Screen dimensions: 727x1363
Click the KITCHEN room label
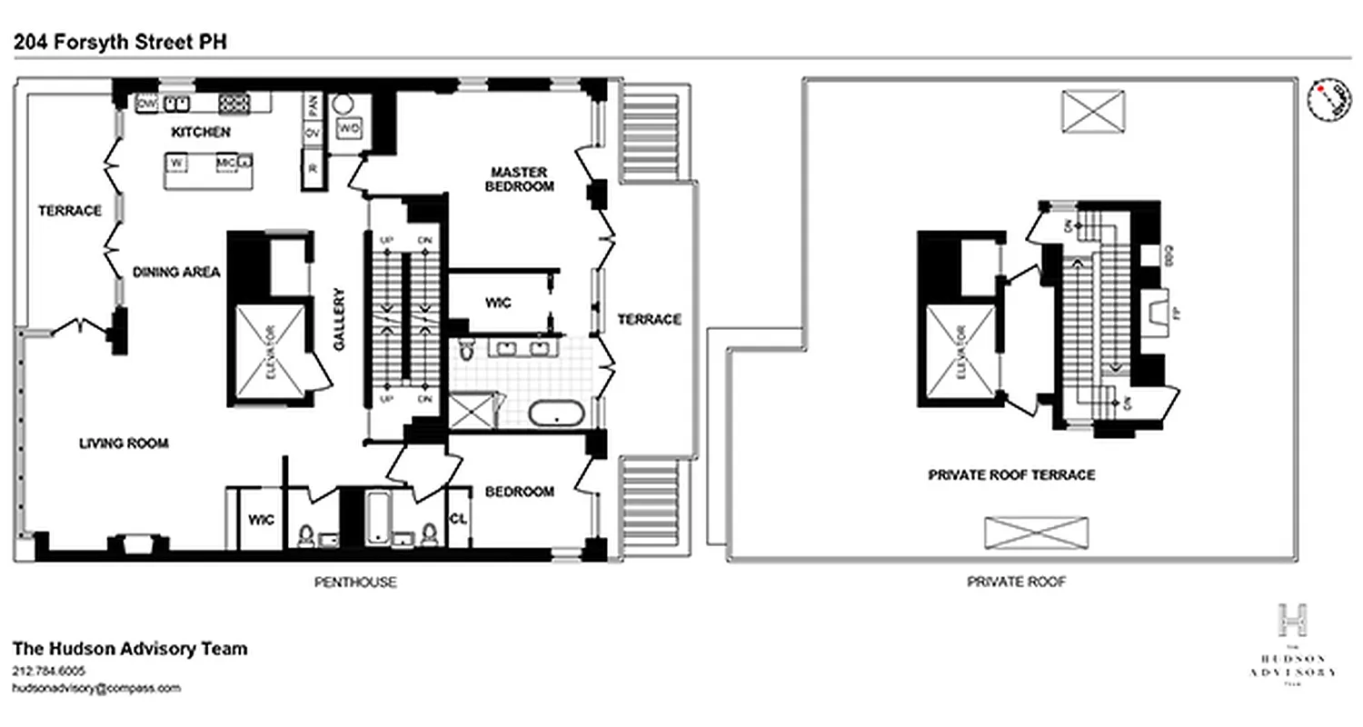coord(201,133)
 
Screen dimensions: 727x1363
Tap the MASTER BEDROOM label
coord(520,179)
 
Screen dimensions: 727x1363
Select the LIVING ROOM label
coord(124,443)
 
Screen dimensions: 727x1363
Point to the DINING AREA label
coord(176,272)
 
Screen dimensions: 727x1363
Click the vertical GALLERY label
coord(339,319)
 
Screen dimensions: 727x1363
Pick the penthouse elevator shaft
coord(271,353)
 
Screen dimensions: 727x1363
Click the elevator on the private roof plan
coord(960,353)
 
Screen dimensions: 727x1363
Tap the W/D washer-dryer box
coord(349,129)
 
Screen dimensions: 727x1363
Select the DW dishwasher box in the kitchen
coord(146,104)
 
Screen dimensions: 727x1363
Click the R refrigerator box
coord(313,169)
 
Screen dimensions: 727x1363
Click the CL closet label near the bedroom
coord(458,519)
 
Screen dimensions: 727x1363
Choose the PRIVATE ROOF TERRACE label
coord(1011,475)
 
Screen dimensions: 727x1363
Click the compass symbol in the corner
coord(1328,99)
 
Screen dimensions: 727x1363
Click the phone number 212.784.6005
coord(49,671)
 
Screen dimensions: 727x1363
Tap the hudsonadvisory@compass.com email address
coord(96,688)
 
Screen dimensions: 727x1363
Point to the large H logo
coord(1293,620)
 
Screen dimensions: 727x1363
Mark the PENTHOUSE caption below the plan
coord(355,582)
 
